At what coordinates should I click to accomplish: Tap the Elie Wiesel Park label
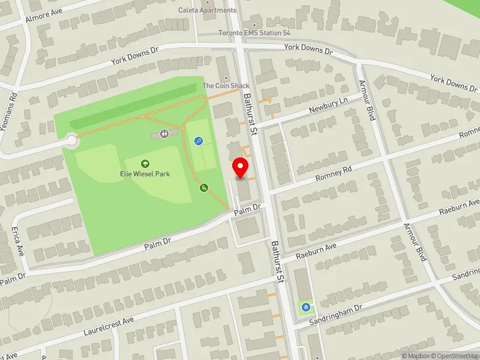[x=145, y=174]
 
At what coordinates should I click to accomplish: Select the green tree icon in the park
[x=145, y=163]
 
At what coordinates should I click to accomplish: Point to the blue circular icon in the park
[x=199, y=141]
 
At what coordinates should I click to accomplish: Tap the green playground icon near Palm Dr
[x=205, y=188]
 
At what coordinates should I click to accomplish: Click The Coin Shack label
[x=226, y=86]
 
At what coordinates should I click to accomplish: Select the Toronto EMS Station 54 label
[x=246, y=32]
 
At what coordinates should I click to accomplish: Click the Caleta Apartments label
[x=208, y=10]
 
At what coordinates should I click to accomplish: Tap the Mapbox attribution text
[x=414, y=356]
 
